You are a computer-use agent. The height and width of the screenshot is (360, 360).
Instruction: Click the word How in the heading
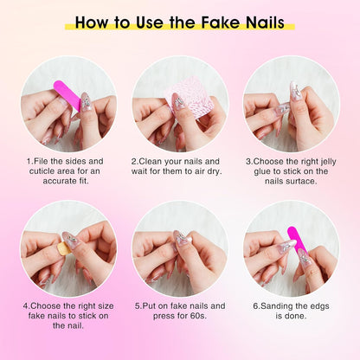93,22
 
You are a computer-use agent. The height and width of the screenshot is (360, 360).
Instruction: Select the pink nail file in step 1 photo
67,94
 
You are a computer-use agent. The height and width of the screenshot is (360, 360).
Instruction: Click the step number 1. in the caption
30,161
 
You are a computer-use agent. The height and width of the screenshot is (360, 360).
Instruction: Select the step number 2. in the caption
134,161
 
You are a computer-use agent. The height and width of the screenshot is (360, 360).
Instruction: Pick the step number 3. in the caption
248,161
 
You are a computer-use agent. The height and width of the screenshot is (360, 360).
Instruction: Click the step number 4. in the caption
27,305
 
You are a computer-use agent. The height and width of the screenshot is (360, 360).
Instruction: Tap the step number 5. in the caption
138,305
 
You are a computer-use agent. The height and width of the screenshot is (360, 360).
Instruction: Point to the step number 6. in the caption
256,305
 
